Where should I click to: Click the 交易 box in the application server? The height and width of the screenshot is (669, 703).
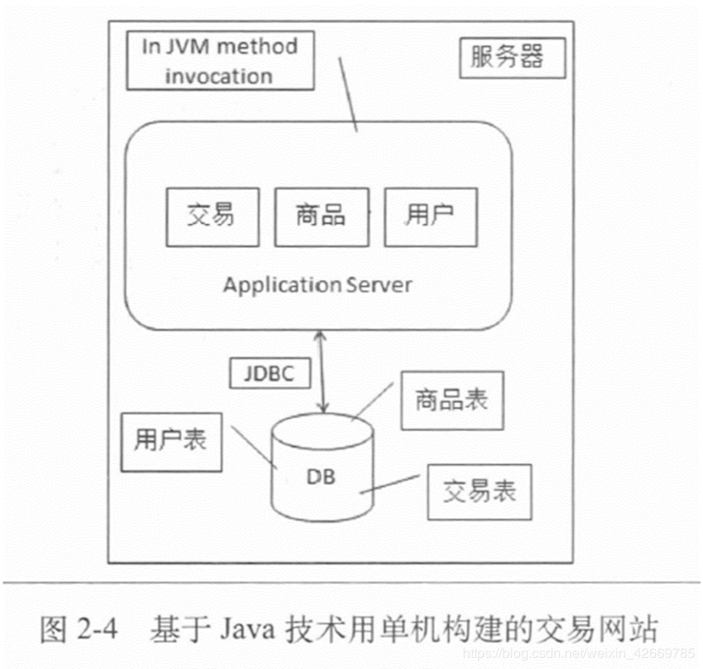pos(210,215)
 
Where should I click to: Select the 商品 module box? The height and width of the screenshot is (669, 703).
pos(319,215)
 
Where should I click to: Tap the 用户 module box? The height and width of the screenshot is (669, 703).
pos(429,215)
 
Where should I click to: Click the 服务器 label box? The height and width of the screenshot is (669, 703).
pos(506,58)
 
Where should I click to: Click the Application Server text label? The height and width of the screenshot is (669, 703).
pos(316,284)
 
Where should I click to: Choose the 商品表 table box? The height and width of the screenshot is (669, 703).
pos(451,399)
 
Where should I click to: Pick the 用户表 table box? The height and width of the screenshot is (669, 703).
pos(170,441)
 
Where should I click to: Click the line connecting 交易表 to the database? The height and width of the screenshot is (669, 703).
pos(392,485)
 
